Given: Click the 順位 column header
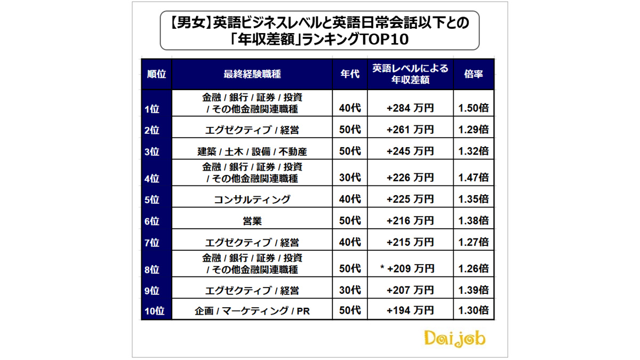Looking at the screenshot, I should click(156, 74).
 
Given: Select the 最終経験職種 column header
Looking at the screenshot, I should click(252, 74).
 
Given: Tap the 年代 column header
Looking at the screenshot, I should click(350, 74).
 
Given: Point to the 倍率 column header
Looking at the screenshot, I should click(474, 74).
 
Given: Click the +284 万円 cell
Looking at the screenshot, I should click(410, 108).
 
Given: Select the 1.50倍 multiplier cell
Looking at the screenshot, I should click(474, 108).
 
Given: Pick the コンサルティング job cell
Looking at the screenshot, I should click(252, 199).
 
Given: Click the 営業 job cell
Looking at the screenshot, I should click(252, 220).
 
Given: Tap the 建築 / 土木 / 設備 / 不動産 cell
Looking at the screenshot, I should click(252, 151).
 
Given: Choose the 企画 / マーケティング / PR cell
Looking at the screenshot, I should click(252, 310).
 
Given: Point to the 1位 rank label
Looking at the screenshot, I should click(153, 109).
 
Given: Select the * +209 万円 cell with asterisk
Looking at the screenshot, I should click(407, 268).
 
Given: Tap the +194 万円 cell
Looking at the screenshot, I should click(410, 310).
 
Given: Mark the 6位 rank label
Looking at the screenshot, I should click(153, 221).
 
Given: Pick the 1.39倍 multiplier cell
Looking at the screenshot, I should click(474, 290).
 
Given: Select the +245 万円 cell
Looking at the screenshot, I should click(410, 151).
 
